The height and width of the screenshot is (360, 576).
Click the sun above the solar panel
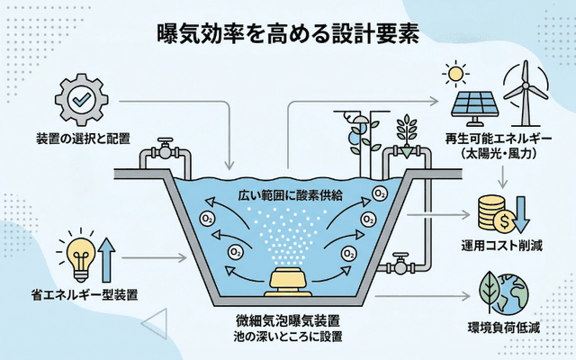coord(457,71)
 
